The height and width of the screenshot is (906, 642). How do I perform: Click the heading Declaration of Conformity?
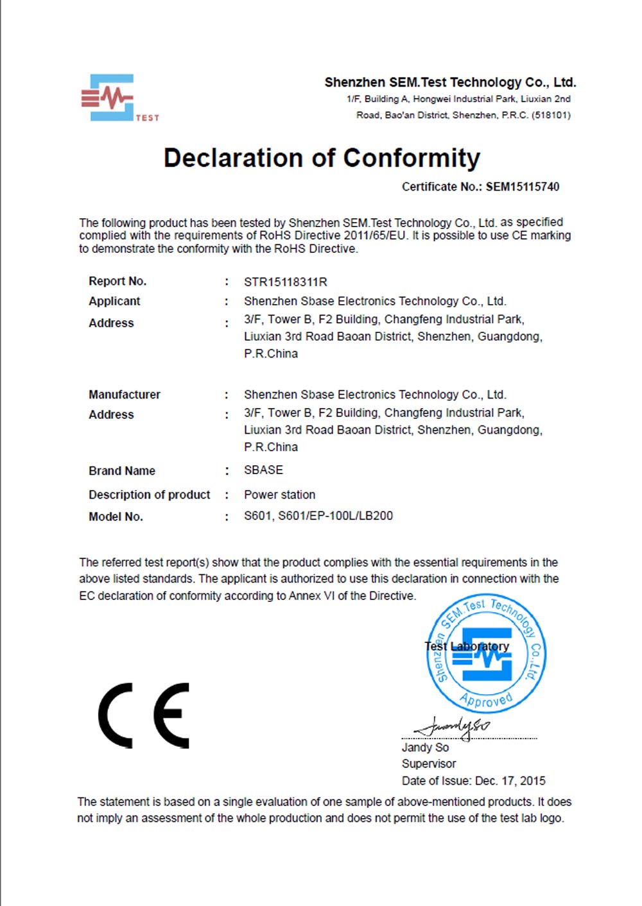pos(322,158)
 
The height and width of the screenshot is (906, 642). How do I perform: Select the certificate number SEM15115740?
pos(522,187)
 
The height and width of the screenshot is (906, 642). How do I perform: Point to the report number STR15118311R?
pos(285,282)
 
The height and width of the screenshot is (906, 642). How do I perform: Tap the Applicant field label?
pos(114,301)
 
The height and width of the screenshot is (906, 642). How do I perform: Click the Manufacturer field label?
pos(125,395)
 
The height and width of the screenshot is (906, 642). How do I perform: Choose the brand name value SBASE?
pos(263,470)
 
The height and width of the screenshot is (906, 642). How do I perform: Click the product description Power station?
pos(279,495)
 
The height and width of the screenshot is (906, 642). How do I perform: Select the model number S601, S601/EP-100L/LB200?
pos(318,516)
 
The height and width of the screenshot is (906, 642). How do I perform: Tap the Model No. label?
pos(116,517)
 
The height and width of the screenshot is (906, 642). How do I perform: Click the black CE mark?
pos(144,715)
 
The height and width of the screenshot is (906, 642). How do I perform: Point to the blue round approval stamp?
pos(486,653)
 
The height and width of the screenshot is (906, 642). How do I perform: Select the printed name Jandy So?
pos(425,748)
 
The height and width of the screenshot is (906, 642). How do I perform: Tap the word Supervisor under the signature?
pos(429,764)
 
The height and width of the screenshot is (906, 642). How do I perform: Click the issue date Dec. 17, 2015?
pos(510,781)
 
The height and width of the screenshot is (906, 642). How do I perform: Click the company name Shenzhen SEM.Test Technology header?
pos(450,82)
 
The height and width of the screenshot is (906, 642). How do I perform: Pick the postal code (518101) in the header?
pos(551,115)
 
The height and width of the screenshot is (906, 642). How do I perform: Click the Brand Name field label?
pos(122,471)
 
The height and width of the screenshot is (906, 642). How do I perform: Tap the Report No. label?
pos(117,281)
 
